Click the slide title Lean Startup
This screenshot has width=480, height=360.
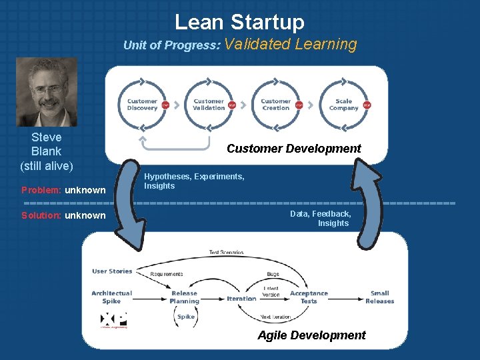click(239, 21)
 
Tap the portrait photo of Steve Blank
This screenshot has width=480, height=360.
click(47, 92)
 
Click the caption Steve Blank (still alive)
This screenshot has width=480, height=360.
click(47, 151)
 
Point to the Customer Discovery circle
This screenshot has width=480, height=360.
click(142, 105)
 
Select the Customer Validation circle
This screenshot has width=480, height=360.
click(209, 105)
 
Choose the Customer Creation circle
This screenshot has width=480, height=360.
click(275, 105)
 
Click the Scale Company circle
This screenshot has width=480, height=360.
click(343, 105)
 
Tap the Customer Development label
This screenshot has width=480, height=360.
click(293, 149)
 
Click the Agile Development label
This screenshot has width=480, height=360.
click(311, 335)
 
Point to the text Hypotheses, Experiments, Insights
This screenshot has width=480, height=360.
click(194, 181)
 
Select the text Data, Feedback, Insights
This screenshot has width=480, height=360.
click(321, 219)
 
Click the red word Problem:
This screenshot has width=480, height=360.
click(41, 190)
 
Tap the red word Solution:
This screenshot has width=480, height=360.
click(41, 215)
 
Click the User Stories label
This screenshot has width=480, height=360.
click(112, 271)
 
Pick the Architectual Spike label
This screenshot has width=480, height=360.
click(111, 297)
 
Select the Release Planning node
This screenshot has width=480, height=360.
click(184, 297)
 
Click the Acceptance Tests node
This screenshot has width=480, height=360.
click(309, 297)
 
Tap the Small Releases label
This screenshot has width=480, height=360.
click(379, 297)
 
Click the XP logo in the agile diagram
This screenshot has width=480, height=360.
click(113, 319)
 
